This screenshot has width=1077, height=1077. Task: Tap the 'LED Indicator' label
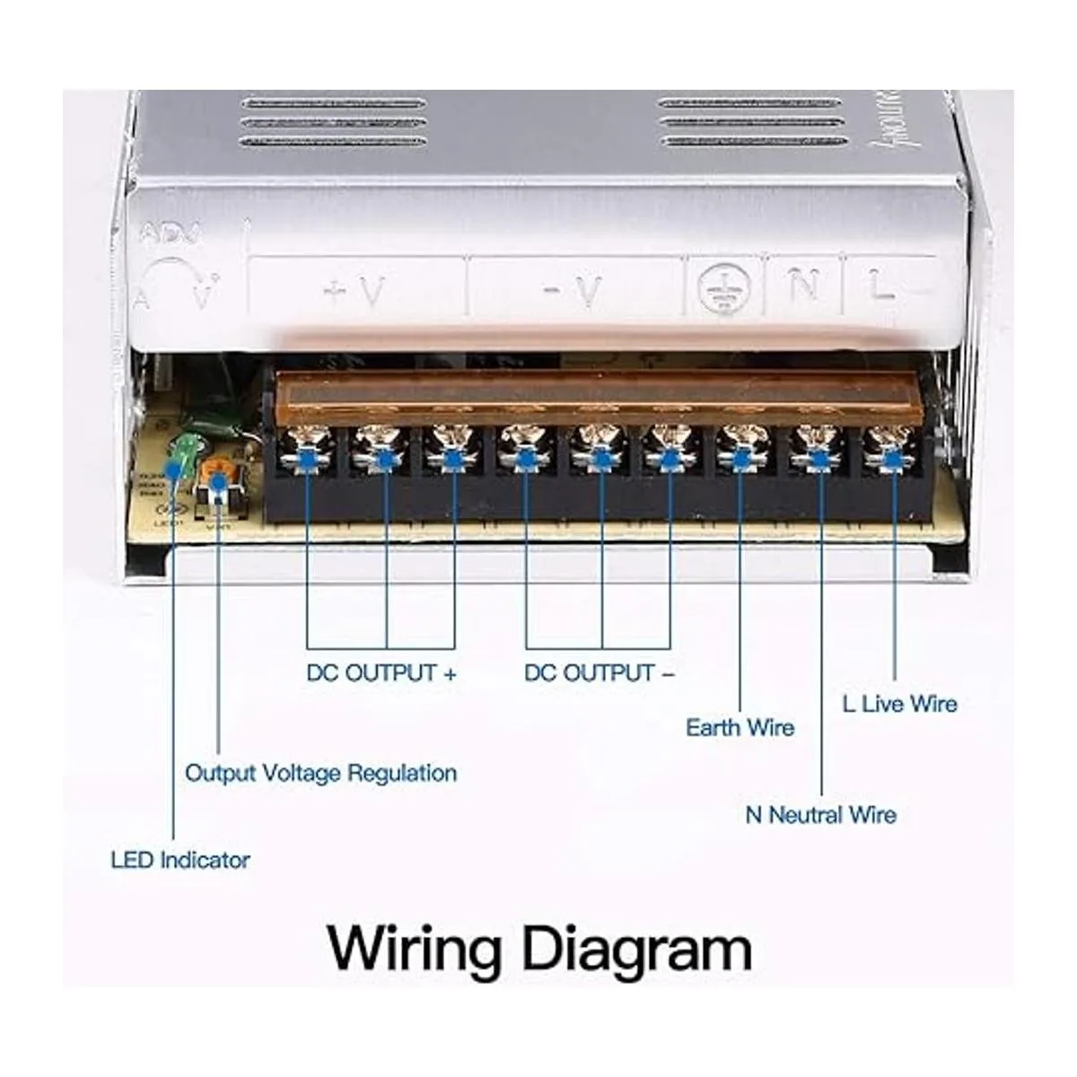point(180,860)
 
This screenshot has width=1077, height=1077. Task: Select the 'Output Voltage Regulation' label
point(320,773)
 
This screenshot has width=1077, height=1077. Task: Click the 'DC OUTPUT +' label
point(382,673)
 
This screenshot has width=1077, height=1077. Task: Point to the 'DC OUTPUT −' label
point(599,673)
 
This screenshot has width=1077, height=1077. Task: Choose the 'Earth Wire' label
point(740,727)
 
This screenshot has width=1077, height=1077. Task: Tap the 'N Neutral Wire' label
point(821,815)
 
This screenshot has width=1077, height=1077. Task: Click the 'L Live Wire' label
point(900,704)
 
